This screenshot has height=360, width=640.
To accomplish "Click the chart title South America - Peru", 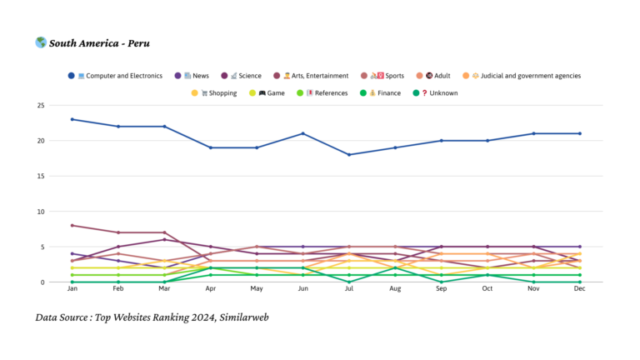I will tap(99, 43).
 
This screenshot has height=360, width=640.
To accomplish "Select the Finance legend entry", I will tap(383, 93).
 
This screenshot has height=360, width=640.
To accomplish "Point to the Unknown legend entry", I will tap(438, 93).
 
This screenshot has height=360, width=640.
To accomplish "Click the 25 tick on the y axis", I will tap(40, 106).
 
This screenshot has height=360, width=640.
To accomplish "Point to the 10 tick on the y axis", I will tap(40, 212).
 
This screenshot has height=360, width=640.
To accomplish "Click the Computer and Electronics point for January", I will tap(72, 119).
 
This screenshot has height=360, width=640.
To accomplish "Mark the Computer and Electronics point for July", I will tap(349, 155).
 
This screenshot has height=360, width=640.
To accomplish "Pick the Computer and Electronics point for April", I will tap(211, 147).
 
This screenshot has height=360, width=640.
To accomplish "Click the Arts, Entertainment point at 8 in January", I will tap(72, 226).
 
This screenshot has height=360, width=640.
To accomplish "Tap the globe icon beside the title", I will tap(41, 42).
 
